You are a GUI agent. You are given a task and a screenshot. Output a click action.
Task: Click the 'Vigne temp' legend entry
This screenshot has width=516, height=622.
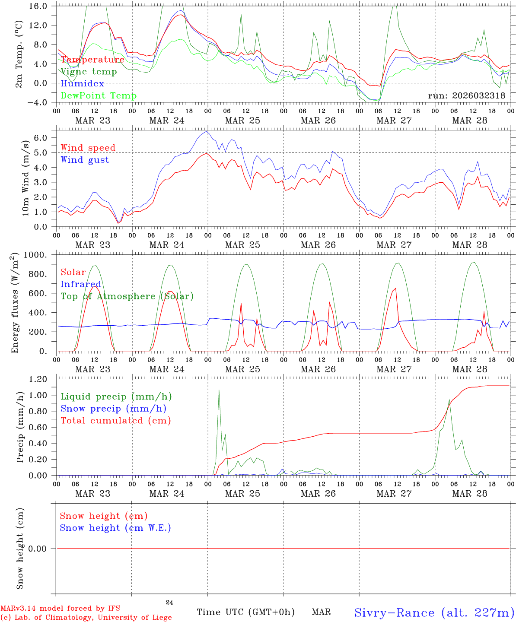[x=89, y=72]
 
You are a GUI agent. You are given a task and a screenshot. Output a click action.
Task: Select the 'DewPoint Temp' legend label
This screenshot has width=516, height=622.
[x=99, y=96]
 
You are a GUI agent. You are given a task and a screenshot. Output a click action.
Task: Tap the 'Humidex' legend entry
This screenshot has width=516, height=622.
[x=82, y=84]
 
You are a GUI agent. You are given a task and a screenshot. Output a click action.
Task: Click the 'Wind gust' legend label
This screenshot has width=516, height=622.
[x=85, y=160]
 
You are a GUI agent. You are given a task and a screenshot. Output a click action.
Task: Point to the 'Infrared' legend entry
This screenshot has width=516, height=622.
[x=81, y=284]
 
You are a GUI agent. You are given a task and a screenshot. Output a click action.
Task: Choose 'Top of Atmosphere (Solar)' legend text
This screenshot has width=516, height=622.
[x=127, y=296]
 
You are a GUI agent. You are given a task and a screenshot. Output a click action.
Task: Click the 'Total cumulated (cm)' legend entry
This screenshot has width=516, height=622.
[x=116, y=421]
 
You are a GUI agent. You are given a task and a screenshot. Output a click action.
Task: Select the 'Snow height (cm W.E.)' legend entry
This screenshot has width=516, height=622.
[x=115, y=528]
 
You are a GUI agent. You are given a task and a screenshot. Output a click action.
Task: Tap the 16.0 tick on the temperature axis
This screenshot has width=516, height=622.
[x=38, y=6]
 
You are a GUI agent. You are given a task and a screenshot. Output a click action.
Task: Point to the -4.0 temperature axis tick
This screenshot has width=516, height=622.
[x=38, y=102]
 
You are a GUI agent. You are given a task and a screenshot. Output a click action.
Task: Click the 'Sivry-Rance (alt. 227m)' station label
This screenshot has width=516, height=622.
[x=434, y=612]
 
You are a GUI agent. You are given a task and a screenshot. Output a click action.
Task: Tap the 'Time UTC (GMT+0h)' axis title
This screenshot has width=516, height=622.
[x=245, y=612]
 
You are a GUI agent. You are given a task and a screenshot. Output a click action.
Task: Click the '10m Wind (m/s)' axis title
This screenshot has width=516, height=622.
[x=25, y=178]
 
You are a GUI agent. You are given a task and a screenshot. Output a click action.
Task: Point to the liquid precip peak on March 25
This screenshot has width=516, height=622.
[x=219, y=390]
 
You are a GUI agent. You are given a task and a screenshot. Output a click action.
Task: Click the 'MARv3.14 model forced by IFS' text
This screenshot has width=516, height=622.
[x=60, y=608]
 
